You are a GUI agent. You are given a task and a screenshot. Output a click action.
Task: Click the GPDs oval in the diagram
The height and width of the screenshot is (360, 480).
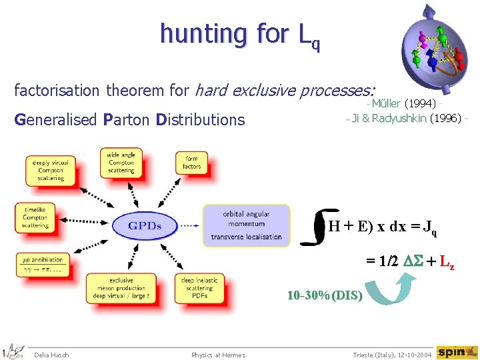click(x=145, y=225)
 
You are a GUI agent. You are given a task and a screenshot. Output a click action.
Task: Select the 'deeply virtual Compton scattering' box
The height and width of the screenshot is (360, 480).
click(x=51, y=171)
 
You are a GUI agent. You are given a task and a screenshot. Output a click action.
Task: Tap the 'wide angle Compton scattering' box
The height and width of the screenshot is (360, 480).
click(x=121, y=163)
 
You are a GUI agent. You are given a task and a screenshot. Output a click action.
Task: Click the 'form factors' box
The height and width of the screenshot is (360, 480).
click(x=192, y=163)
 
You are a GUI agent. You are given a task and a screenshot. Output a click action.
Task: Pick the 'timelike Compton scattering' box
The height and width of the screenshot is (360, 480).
click(x=35, y=217)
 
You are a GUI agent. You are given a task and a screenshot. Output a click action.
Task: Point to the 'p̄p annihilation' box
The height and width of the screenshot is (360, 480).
click(x=43, y=264)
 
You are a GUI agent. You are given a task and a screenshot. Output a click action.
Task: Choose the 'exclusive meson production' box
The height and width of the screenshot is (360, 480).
click(x=121, y=289)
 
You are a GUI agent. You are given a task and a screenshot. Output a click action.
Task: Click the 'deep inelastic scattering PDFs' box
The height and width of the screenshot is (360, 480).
click(x=197, y=288)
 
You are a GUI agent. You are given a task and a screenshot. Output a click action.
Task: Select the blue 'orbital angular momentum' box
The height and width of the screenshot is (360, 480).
click(x=246, y=225)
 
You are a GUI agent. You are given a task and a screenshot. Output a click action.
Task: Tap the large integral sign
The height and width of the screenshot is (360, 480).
click(x=313, y=227)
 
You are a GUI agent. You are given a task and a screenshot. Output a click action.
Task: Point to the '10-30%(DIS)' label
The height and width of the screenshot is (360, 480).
click(x=325, y=295)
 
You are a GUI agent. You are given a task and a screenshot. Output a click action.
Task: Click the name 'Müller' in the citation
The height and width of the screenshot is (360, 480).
click(x=386, y=103)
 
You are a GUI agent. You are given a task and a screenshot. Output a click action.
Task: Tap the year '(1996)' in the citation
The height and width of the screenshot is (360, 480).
click(x=446, y=118)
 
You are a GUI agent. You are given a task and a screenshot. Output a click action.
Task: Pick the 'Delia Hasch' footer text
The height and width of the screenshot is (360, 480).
click(x=51, y=355)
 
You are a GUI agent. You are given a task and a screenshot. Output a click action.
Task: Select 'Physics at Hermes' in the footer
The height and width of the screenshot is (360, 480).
click(x=218, y=355)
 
